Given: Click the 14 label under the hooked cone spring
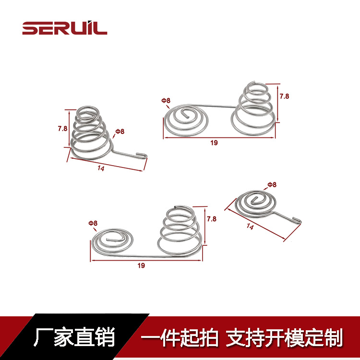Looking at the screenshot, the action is click(101, 168).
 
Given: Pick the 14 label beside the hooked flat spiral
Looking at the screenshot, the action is click(250, 226).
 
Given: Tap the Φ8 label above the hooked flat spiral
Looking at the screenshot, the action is click(272, 185).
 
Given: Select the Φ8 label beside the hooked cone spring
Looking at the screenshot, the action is click(120, 132).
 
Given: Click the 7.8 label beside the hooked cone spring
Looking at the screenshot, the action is click(62, 129).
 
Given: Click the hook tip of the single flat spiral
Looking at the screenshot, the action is click(300, 220).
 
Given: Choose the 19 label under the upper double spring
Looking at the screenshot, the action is click(214, 143).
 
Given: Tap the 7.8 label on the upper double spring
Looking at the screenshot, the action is click(284, 96).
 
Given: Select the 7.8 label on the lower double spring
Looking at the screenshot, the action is click(212, 219).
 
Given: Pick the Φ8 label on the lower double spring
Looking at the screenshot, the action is click(93, 223).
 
